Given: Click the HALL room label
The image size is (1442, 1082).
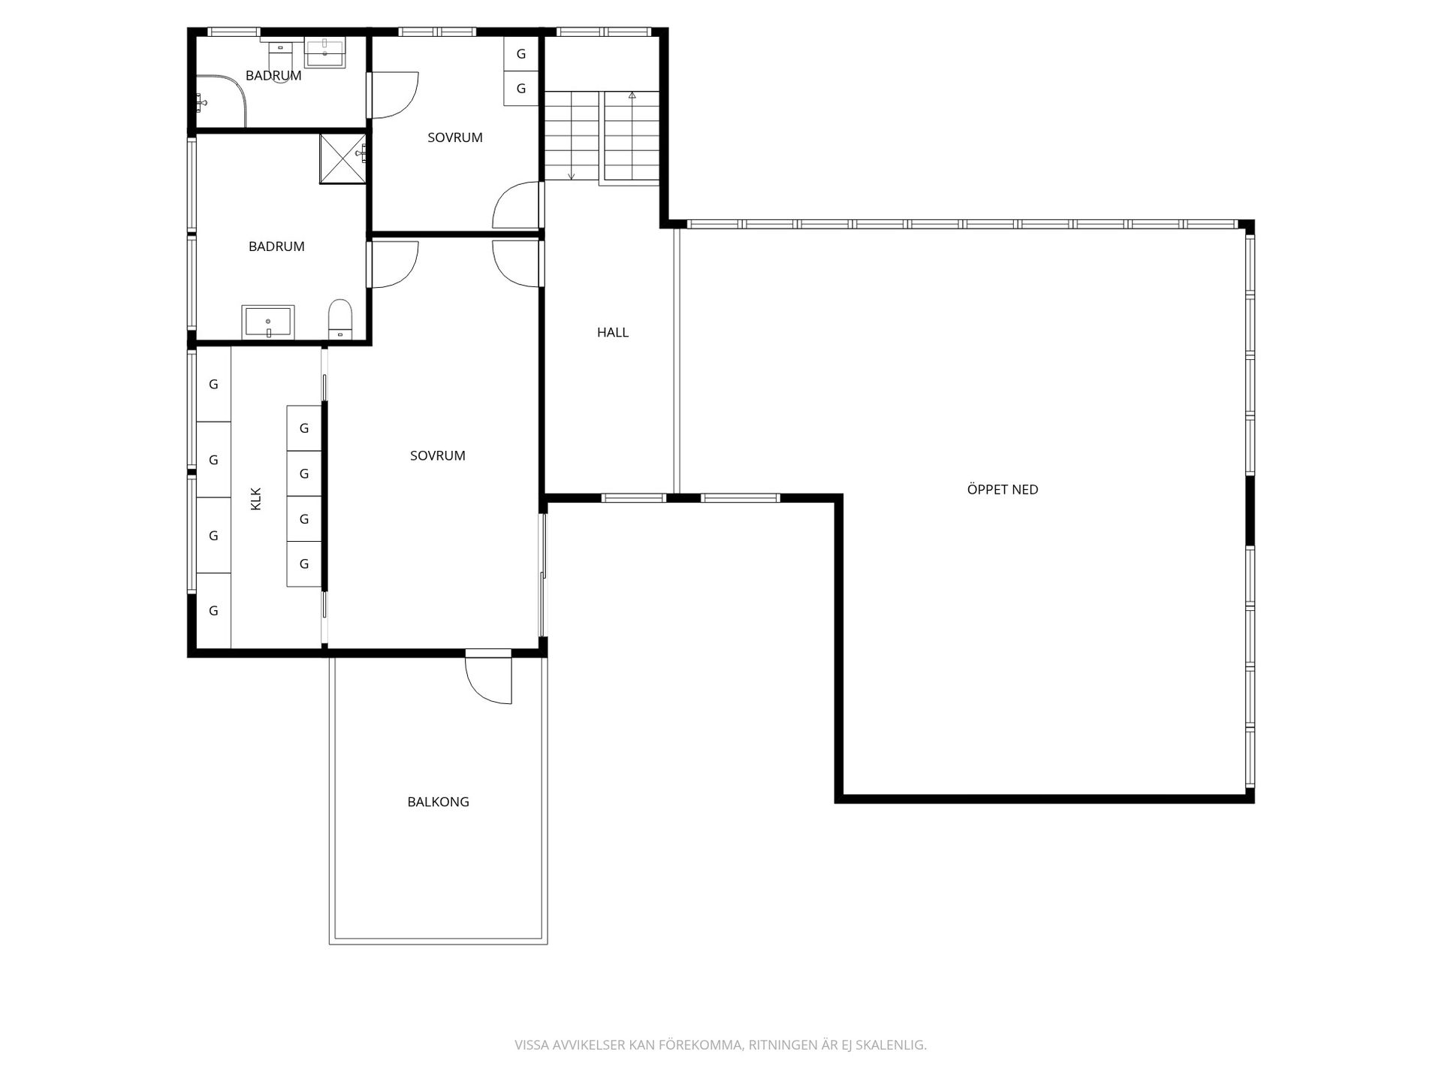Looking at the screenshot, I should (613, 332).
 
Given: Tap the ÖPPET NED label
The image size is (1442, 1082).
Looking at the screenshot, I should (1002, 489).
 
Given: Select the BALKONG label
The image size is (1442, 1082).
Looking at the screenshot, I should (438, 802).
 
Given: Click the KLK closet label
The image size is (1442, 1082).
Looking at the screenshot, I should (255, 499).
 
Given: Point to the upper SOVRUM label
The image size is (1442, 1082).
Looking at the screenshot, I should (454, 138).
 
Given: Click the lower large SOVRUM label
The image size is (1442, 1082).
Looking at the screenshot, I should (437, 455).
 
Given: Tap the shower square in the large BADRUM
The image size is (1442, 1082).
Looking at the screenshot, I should (342, 159).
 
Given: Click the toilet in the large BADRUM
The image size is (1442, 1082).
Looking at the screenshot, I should (340, 319).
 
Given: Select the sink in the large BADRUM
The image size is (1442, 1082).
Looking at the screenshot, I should (268, 322).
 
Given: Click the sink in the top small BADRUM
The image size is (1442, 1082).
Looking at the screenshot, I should (325, 53).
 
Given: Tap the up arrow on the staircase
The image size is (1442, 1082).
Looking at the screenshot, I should (632, 95).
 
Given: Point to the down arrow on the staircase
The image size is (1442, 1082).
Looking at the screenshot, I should (571, 176).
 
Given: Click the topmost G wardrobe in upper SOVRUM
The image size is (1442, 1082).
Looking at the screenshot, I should (520, 54).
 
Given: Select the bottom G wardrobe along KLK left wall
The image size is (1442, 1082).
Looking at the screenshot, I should (213, 610).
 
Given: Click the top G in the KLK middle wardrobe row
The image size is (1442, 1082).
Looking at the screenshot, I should (304, 428).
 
